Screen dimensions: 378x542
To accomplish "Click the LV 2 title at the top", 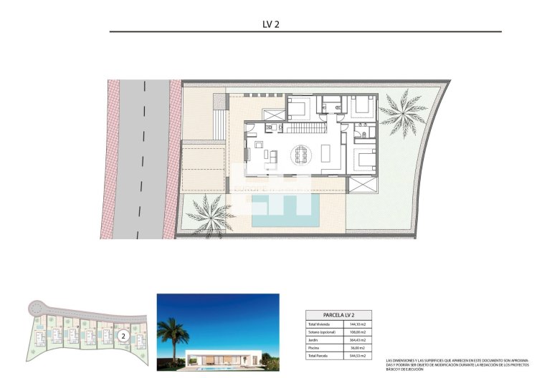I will [270, 23].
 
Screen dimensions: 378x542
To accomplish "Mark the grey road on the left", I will [143, 157].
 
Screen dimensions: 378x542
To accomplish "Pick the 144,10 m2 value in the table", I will [357, 325].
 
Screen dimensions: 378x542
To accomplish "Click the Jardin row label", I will [316, 340].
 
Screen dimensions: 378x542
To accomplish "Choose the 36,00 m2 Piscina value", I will [357, 348].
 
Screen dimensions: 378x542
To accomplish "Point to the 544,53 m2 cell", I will [357, 355].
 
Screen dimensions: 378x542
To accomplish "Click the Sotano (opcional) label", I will [323, 332].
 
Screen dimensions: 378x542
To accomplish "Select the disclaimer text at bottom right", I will [460, 364].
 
